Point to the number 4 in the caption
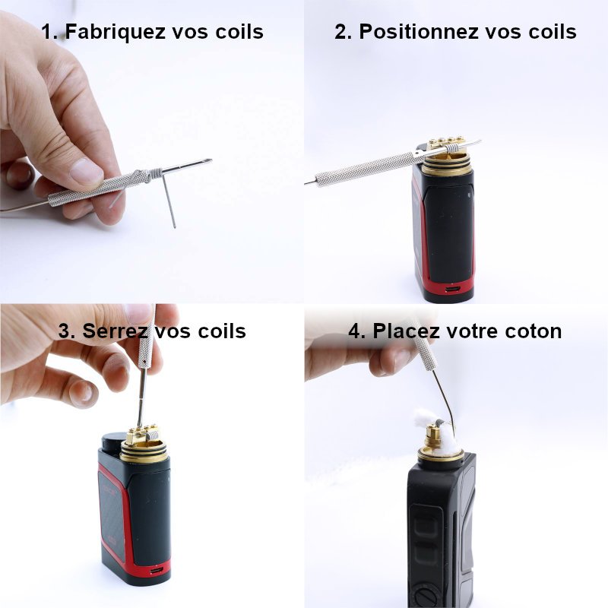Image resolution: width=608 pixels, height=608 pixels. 355,331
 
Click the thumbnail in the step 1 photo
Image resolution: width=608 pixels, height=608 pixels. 85,172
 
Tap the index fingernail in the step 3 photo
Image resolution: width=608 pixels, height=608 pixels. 79,392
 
